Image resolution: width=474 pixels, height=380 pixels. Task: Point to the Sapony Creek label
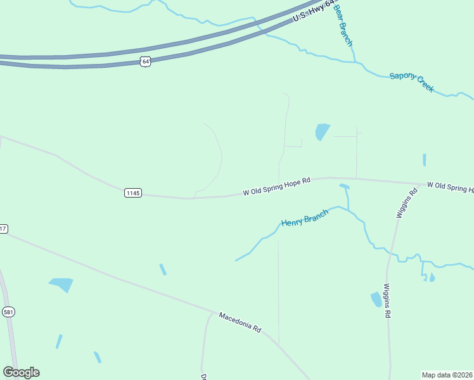[x=412, y=82]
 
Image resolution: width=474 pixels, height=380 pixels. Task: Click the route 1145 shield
[x=132, y=193]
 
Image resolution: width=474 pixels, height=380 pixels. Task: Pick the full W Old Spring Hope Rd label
[x=277, y=186]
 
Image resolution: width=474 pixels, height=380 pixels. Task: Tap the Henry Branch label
[x=305, y=218]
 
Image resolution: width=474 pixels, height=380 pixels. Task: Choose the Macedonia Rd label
[x=240, y=322]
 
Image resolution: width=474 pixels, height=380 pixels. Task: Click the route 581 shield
[x=8, y=312]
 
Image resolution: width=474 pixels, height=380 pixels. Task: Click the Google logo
[x=22, y=372]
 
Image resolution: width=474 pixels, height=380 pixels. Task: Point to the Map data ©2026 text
[x=447, y=375]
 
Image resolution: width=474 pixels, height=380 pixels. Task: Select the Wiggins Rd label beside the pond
[x=387, y=301]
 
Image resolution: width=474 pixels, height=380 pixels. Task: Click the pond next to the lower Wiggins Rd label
[x=376, y=299]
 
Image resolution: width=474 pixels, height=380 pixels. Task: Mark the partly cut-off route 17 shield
[x=3, y=229]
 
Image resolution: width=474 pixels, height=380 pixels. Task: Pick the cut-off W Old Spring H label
[x=450, y=187]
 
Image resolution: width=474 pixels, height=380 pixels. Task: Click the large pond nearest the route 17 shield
[x=62, y=284]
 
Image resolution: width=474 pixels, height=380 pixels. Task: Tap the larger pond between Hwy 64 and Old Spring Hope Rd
[x=323, y=132]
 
